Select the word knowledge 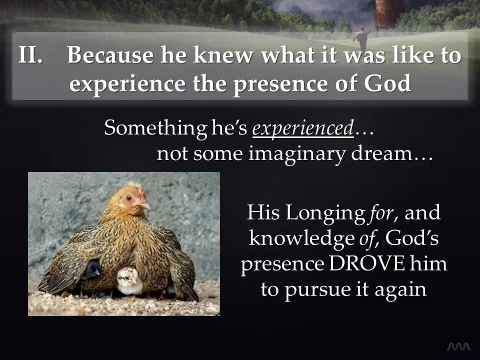pyautogui.click(x=301, y=239)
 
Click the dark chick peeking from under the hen pyautogui.click(x=92, y=270)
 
